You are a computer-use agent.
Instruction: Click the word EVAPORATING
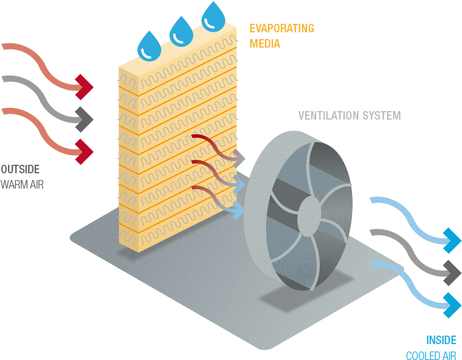coord(282,28)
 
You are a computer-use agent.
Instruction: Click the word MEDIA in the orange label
coord(265,43)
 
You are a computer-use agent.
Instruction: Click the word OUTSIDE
coord(20,169)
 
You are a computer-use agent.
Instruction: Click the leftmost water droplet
coord(148,47)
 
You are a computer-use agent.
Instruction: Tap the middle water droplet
coord(181,32)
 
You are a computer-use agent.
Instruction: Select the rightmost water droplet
coord(213,17)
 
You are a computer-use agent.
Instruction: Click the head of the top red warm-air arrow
coord(85,87)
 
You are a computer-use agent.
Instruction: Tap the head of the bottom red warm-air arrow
coord(85,149)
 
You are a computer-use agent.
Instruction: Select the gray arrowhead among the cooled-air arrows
coord(452,272)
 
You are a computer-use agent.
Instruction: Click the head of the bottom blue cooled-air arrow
coord(452,304)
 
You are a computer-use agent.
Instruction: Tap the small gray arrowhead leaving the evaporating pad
coord(239,158)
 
